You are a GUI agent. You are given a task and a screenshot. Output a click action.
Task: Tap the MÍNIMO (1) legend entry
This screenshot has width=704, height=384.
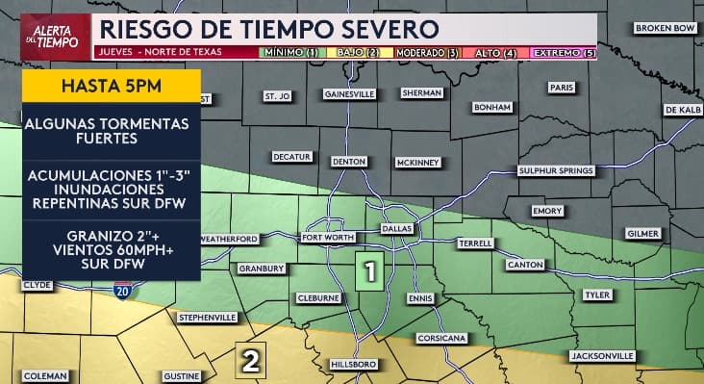(x=293, y=52)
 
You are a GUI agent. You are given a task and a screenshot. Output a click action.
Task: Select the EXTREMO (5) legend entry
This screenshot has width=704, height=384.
(x=565, y=52)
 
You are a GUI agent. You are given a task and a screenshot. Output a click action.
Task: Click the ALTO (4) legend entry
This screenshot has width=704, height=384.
(x=497, y=52)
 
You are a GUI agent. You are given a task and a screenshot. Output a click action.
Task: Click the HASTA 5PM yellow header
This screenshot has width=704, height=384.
(x=111, y=83)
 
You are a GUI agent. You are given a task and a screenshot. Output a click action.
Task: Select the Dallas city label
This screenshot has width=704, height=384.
(x=396, y=229)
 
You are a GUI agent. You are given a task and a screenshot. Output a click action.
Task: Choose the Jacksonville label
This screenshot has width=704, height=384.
(x=602, y=356)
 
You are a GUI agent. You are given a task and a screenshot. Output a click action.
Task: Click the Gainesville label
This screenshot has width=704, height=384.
(x=349, y=94)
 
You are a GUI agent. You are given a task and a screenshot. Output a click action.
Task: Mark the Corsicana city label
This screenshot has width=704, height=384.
(x=440, y=339)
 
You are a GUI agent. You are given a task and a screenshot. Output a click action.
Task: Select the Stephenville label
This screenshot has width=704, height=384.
(x=207, y=317)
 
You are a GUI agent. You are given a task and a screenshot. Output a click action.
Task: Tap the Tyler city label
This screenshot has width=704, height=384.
(x=596, y=294)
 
